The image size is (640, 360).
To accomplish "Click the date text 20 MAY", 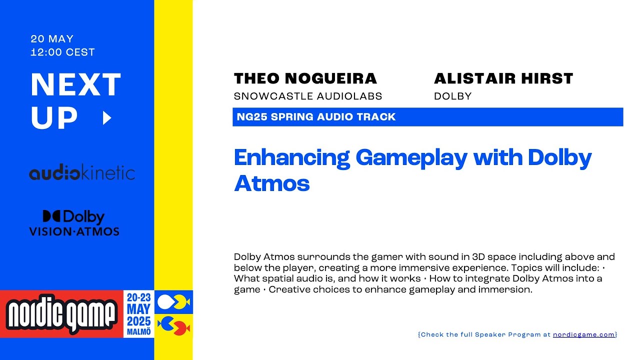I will [52, 39].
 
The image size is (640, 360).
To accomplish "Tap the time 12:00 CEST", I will [62, 52].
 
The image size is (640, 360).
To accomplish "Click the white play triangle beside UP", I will [106, 118].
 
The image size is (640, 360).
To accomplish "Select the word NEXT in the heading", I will [76, 85].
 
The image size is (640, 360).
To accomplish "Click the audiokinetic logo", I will [82, 173].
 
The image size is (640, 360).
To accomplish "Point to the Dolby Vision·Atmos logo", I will [74, 223].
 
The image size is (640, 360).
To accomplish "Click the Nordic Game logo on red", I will [62, 314].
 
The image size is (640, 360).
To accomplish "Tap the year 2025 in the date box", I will [138, 320].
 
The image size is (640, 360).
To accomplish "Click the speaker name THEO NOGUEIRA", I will [305, 78].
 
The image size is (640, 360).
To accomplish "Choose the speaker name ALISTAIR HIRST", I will [503, 78].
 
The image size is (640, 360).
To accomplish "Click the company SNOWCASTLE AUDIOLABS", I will [307, 96].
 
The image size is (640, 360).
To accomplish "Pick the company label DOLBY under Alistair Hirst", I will [452, 96].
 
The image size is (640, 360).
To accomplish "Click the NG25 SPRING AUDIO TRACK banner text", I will [315, 117].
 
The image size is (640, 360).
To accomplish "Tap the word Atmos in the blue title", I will [271, 183].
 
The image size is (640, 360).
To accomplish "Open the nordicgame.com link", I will [583, 334].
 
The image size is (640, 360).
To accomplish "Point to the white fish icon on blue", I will [173, 302].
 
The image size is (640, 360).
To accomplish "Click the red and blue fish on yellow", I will [173, 326].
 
